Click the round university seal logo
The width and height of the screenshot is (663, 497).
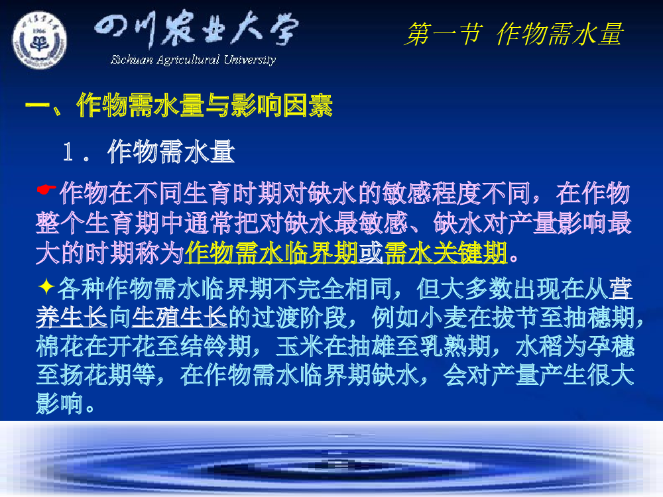pos(39,40)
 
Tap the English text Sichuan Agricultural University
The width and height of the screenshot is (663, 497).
pos(193,60)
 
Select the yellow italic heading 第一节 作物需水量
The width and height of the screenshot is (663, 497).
pos(514,34)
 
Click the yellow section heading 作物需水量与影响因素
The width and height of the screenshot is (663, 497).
pos(205,105)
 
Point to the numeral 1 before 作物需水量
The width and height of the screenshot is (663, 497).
pos(68,152)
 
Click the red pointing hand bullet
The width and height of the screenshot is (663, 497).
pos(46,190)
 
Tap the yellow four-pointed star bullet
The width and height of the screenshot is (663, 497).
pos(46,287)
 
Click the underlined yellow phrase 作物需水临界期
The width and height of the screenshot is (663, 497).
pos(271,252)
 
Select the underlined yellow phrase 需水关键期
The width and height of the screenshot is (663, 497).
pos(446,252)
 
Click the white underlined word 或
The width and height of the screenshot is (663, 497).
pos(371,252)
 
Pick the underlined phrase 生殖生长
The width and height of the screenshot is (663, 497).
pos(180,317)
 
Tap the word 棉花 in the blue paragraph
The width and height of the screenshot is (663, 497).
pos(60,346)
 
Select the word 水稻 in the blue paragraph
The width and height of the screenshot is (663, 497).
pos(540,346)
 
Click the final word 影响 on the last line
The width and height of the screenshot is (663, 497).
pos(60,403)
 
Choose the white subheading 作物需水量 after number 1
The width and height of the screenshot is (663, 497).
pos(171,152)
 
